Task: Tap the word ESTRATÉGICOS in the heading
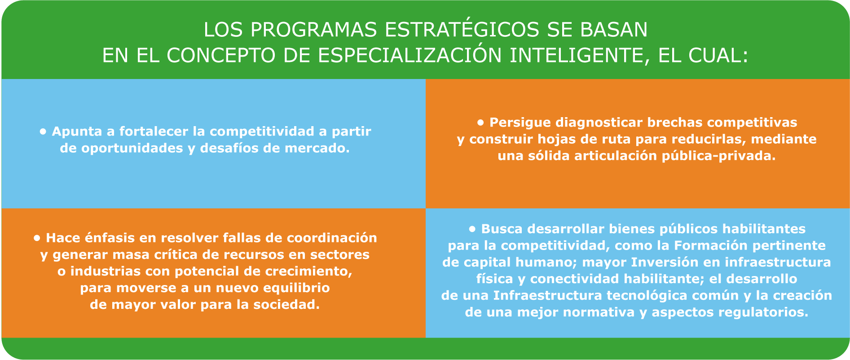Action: pos(462,29)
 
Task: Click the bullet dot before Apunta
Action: pos(43,132)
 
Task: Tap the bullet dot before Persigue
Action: pos(480,122)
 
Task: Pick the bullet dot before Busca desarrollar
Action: pos(472,229)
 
